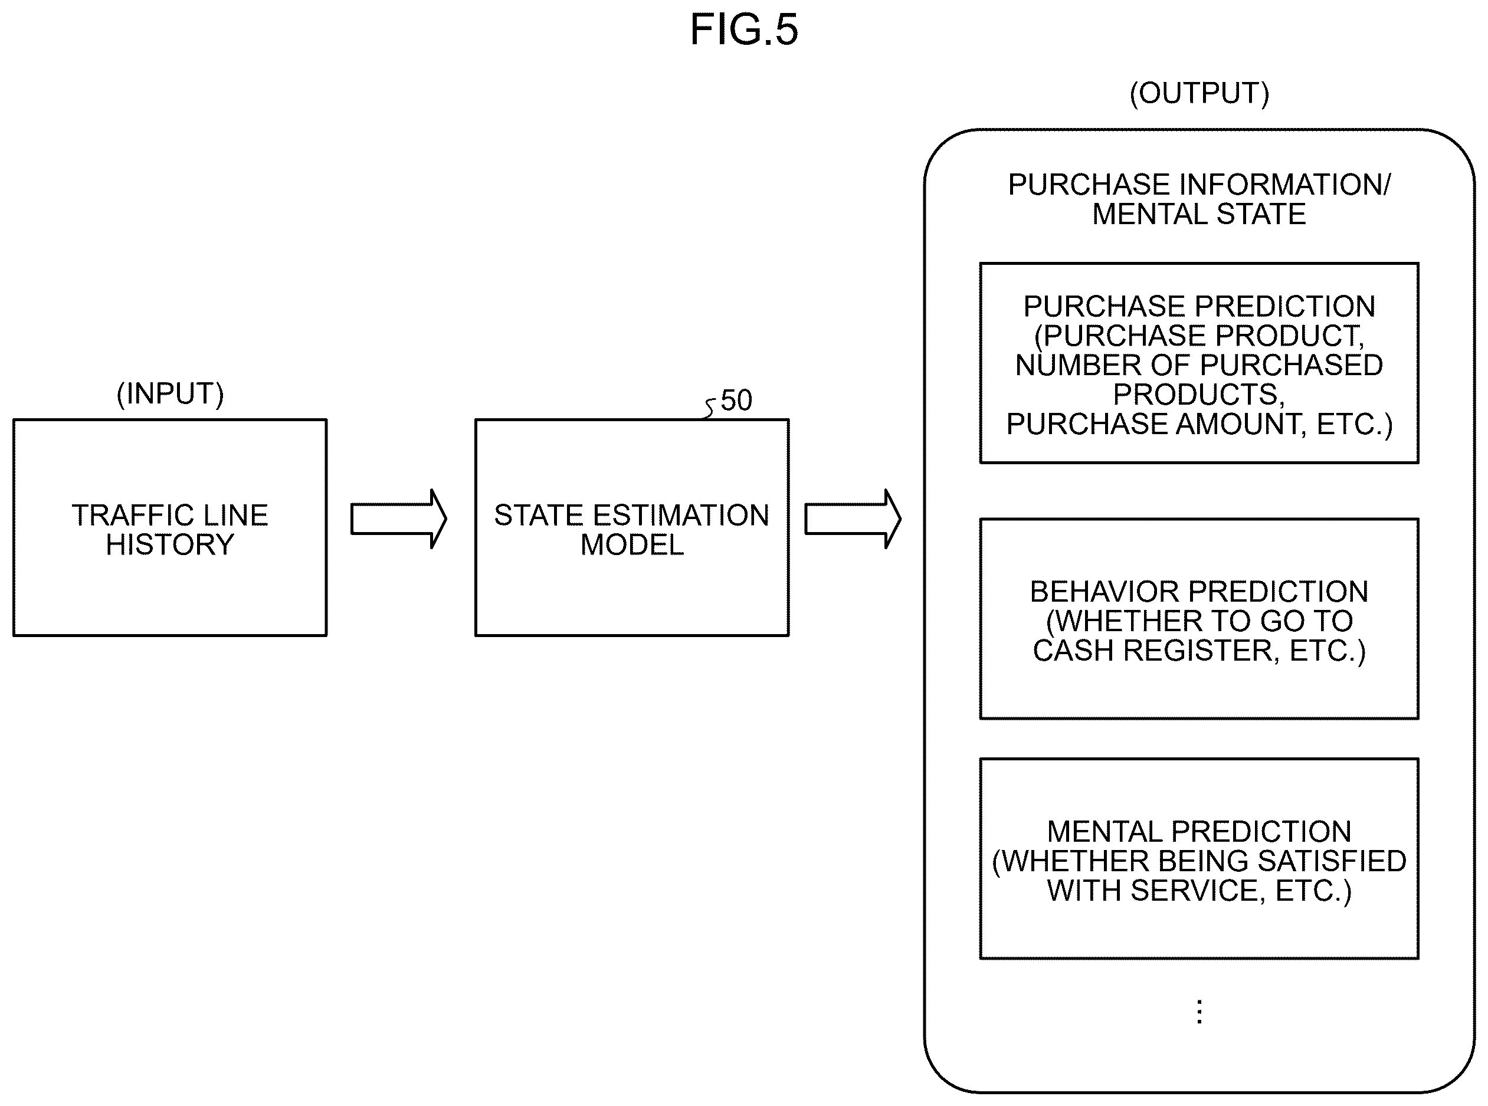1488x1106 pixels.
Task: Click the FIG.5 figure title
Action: [744, 30]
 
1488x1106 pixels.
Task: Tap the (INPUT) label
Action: [170, 393]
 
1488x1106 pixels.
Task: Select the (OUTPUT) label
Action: [1199, 93]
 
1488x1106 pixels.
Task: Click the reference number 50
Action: [736, 401]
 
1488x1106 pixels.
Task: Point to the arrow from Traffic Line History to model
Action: [398, 519]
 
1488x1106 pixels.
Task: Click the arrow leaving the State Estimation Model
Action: [853, 519]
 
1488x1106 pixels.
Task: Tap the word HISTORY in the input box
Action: [170, 544]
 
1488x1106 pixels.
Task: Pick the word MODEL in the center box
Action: [632, 544]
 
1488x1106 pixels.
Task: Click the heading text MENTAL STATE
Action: [1199, 214]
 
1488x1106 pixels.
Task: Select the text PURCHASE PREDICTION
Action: [1199, 307]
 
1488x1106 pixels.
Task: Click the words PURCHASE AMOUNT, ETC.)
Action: [1199, 425]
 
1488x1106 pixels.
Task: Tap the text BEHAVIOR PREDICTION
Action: [1199, 592]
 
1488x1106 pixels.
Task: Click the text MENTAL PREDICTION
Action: [1199, 832]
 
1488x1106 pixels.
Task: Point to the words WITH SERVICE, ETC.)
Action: [1199, 891]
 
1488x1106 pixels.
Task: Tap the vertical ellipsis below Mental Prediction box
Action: [1199, 1012]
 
